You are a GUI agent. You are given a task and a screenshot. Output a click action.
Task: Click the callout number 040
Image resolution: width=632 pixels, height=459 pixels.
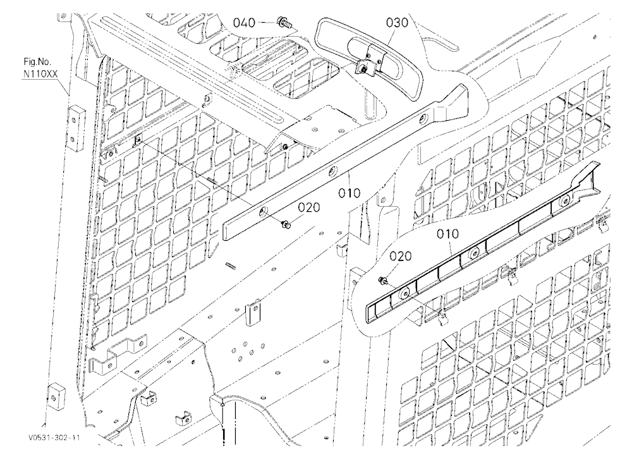(244, 23)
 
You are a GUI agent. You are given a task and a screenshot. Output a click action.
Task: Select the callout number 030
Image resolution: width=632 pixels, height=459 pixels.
(397, 22)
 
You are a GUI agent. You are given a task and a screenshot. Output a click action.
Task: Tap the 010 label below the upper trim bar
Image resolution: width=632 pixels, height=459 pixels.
(349, 193)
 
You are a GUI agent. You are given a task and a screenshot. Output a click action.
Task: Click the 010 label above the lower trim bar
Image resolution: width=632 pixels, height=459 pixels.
(447, 234)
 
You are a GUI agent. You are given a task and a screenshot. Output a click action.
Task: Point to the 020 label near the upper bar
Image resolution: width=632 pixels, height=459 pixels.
(309, 207)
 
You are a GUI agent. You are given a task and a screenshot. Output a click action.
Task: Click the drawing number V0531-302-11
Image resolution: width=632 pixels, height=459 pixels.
(54, 438)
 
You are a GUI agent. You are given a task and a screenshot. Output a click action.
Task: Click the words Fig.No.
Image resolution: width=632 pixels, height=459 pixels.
(37, 63)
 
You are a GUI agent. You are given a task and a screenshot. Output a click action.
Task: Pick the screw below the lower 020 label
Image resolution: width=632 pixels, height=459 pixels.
(382, 280)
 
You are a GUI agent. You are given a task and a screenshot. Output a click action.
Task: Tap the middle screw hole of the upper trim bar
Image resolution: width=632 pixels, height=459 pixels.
(333, 171)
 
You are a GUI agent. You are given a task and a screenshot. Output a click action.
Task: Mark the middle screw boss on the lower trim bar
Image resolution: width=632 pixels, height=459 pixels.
(475, 254)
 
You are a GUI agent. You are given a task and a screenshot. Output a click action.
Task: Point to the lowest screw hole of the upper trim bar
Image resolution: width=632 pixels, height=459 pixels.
(264, 211)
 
